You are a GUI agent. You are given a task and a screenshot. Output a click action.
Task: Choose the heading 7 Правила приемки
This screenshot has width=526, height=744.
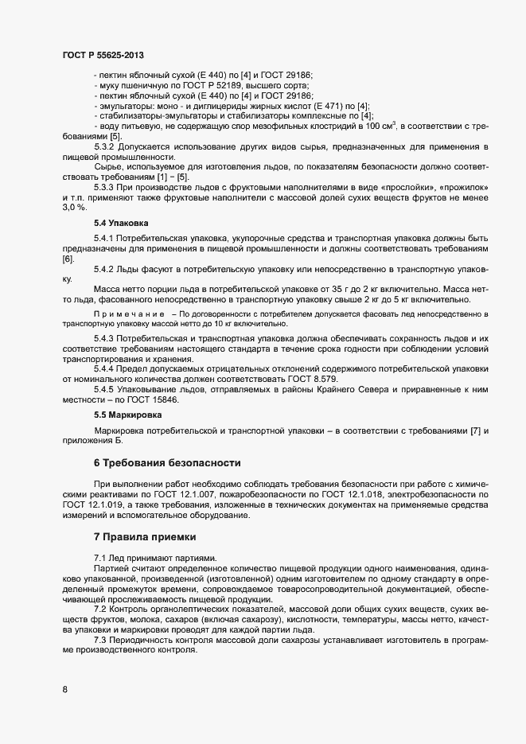pyautogui.click(x=145, y=539)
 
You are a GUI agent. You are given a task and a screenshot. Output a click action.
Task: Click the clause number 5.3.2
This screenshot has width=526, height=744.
pyautogui.click(x=107, y=147)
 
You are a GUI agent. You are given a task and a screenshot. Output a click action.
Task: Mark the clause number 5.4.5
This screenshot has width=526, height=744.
pyautogui.click(x=107, y=388)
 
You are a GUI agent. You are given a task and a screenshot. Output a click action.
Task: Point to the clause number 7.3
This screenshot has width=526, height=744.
pyautogui.click(x=101, y=641)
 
